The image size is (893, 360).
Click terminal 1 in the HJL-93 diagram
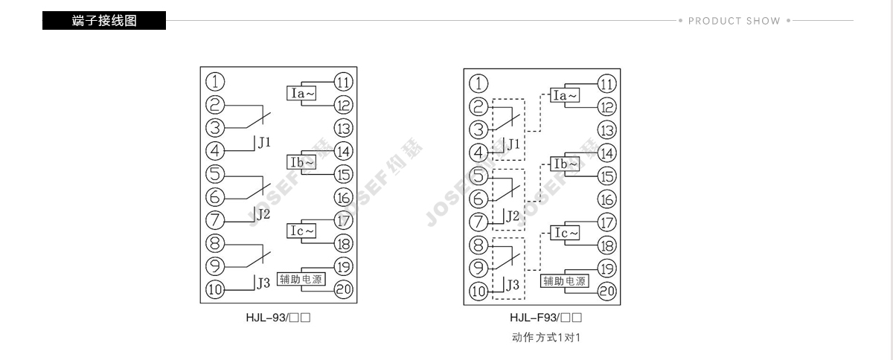click(215, 82)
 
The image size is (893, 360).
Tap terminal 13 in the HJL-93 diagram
click(343, 129)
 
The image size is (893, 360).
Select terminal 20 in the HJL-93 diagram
click(343, 289)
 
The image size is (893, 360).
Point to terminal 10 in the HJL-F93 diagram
click(478, 291)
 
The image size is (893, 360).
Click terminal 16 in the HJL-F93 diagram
click(607, 199)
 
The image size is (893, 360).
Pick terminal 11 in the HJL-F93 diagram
click(607, 84)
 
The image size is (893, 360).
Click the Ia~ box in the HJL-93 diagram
click(301, 93)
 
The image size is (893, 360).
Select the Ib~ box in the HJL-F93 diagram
click(565, 164)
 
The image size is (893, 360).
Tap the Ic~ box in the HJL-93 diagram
click(301, 231)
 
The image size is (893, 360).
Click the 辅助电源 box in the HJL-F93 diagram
click(565, 281)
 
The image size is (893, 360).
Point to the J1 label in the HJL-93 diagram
click(264, 142)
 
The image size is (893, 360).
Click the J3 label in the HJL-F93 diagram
click(513, 285)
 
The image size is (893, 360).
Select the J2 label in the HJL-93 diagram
click(263, 214)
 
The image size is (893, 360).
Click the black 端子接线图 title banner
click(104, 20)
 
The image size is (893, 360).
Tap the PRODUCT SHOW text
click(734, 21)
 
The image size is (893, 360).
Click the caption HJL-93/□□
click(278, 318)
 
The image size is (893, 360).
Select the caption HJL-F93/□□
click(545, 318)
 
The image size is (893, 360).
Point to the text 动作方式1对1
click(545, 338)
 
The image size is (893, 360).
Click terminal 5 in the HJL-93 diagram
click(215, 174)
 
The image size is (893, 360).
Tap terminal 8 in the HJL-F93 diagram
click(478, 245)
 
